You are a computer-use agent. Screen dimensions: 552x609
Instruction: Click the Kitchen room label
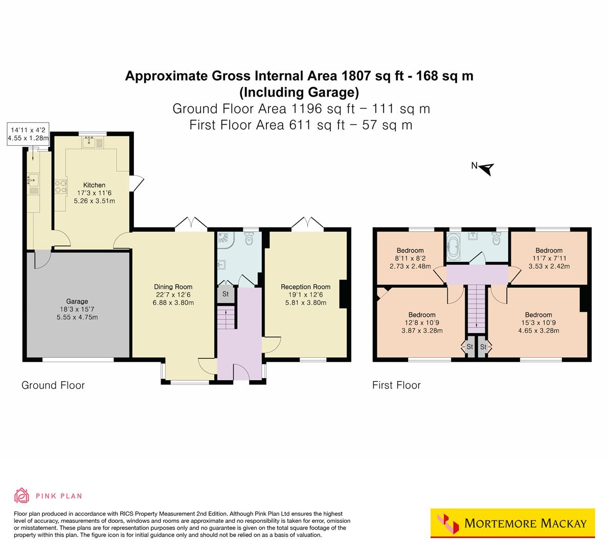coord(94,185)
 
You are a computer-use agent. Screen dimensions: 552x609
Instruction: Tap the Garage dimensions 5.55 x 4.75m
coord(78,317)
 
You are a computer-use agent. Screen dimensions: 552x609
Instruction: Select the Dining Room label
coord(173,287)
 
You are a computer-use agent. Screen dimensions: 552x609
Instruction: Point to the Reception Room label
coord(305,287)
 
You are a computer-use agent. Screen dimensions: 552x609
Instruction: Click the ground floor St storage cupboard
coord(225,294)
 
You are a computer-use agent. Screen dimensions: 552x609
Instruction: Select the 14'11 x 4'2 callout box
coord(28,134)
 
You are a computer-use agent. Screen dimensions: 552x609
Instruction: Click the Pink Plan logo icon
coord(21,495)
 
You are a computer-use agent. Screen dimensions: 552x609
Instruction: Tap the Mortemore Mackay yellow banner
coord(512,523)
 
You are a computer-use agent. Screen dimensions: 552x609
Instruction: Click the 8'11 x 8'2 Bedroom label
coord(410,250)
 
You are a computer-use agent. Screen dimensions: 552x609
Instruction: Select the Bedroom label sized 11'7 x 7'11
coord(549,250)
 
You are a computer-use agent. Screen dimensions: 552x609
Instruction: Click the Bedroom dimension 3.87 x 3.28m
coord(421,331)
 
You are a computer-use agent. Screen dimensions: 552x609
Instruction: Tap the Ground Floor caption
coord(53,385)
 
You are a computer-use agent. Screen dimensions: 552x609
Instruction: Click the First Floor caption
coord(396,385)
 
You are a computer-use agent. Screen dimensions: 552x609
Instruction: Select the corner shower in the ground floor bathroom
coord(225,240)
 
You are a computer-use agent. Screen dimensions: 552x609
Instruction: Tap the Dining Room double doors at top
coord(191,224)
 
